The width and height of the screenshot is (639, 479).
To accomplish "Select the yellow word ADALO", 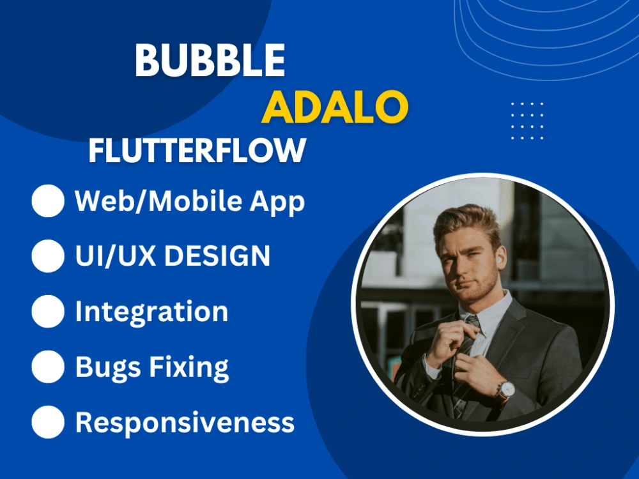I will (335, 107).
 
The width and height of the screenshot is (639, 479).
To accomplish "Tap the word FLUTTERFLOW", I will (197, 151).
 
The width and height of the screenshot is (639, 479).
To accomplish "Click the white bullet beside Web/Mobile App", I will (48, 201).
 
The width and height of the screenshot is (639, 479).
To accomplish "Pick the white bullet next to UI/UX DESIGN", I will (48, 256).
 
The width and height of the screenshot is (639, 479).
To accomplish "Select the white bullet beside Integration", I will (48, 312).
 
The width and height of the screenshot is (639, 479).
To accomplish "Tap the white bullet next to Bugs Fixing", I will (48, 367).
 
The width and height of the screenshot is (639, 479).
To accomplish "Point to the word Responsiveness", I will (185, 423).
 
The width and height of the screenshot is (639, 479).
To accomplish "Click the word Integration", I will (151, 312).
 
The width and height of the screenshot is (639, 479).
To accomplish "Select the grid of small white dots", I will (527, 120).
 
